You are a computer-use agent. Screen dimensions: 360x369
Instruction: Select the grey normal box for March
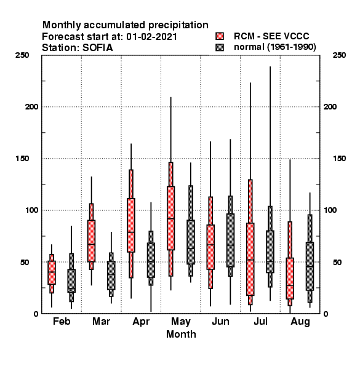(111, 275)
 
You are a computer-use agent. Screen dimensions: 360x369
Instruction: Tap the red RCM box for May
(170, 218)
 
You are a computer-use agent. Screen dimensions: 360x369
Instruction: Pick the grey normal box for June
(230, 236)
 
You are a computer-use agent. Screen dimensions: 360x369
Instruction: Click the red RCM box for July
(250, 242)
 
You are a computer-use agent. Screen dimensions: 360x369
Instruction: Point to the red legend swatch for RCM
(220, 36)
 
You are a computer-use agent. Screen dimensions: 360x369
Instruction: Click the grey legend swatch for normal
(220, 47)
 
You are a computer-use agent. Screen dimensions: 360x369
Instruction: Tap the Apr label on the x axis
(141, 322)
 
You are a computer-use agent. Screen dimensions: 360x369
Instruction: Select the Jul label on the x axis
(260, 321)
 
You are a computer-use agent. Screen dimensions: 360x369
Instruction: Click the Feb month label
(62, 321)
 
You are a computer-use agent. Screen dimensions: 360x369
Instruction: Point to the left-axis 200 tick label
(31, 107)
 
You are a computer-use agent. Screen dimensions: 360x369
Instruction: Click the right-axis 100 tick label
(330, 210)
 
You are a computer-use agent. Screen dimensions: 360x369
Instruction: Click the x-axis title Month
(181, 334)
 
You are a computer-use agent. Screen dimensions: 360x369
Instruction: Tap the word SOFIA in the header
(98, 48)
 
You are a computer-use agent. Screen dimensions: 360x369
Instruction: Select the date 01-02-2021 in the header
(151, 37)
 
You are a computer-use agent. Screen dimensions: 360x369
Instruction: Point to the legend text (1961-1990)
(292, 47)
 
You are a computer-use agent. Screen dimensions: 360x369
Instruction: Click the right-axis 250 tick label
(339, 55)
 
